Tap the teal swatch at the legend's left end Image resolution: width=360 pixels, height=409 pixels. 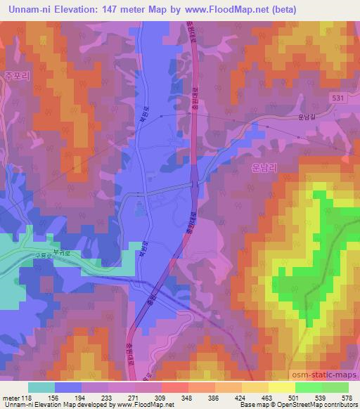pyautogui.click(x=41, y=387)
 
